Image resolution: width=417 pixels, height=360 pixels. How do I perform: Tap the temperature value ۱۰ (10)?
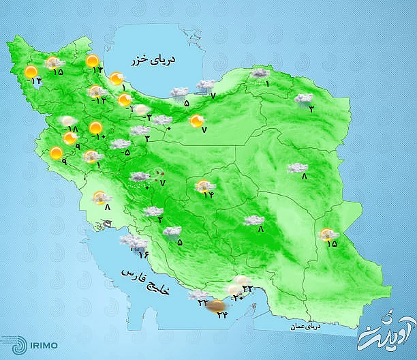(99, 137)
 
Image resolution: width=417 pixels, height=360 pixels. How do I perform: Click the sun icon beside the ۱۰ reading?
(96, 127)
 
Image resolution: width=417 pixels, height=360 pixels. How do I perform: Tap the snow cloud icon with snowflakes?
(141, 179)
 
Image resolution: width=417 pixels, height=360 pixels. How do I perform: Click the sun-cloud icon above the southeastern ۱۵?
(328, 234)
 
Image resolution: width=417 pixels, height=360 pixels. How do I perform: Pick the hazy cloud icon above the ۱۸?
(67, 121)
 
